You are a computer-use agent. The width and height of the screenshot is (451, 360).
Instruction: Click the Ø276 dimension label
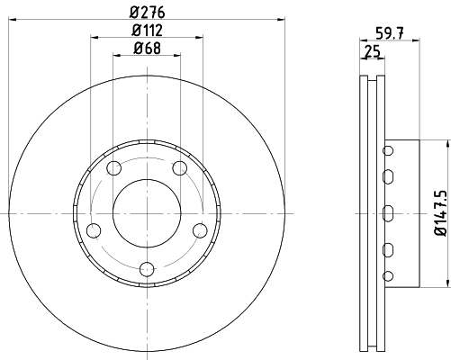coord(146,12)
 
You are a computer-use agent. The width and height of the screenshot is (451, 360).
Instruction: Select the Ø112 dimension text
coord(146,32)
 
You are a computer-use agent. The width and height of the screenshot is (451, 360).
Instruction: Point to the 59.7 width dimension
coord(386,34)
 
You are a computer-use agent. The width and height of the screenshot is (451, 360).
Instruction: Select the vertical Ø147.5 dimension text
coord(439,212)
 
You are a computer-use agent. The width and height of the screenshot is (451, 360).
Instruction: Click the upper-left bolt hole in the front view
coord(113,168)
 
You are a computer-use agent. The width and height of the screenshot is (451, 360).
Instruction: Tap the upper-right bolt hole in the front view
coord(179,168)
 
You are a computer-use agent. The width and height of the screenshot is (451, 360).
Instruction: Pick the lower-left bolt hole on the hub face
coord(93,230)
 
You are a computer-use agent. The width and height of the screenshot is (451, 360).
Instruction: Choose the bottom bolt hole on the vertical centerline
coord(147,267)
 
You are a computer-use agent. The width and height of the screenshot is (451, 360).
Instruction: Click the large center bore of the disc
coord(147,211)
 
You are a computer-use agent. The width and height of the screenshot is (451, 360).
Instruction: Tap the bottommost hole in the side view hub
coord(388,274)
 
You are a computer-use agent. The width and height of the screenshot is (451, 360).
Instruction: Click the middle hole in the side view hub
coord(388,212)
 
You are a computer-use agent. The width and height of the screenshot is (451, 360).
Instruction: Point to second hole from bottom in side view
coord(388,249)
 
